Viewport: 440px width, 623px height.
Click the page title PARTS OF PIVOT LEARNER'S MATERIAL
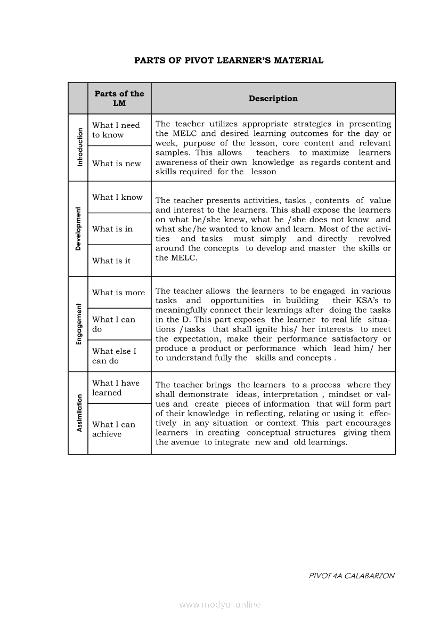[229, 60]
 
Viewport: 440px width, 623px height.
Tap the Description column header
[273, 99]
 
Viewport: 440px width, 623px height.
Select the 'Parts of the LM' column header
[119, 99]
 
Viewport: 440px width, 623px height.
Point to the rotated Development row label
[78, 229]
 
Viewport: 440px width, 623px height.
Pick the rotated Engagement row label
[78, 323]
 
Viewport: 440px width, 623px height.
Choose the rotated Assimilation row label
[79, 413]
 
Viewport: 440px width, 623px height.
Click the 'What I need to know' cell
[116, 130]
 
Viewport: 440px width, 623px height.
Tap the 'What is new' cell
[116, 164]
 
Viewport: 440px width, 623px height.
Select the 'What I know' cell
[117, 197]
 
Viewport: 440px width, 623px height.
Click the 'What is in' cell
[112, 229]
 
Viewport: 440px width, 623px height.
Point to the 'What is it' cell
[111, 261]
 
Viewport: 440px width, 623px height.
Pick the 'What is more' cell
[118, 293]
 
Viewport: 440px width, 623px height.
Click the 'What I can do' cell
[113, 324]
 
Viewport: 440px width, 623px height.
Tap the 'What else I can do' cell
[114, 356]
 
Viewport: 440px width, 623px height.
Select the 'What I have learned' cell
[116, 388]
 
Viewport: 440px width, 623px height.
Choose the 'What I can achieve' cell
[113, 429]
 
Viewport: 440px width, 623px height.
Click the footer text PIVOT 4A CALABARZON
[352, 576]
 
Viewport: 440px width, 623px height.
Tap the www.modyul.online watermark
[220, 604]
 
